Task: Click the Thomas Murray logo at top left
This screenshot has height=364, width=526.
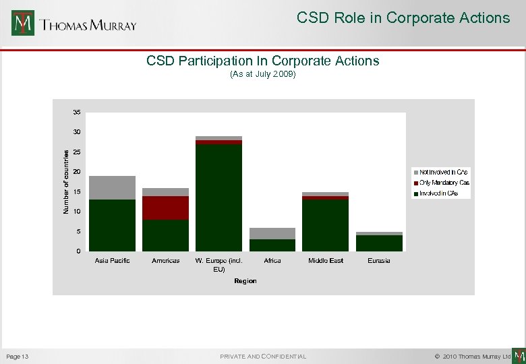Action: pos(74,24)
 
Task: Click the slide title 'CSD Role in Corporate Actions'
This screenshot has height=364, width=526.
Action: pos(403,18)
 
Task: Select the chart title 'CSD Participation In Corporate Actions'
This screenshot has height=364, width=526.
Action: pos(262,61)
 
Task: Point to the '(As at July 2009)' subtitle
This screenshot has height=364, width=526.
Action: pos(262,74)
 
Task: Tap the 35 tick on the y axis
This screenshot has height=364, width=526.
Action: pos(77,112)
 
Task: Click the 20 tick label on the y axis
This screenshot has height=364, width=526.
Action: pos(77,172)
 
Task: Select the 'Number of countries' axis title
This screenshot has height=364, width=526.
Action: pos(66,182)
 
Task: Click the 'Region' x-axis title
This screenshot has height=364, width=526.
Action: pos(245,280)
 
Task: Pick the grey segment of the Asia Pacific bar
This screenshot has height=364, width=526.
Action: pos(112,187)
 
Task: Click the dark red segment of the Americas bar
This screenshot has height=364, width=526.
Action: pos(165,208)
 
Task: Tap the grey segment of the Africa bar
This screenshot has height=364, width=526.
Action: pos(272,233)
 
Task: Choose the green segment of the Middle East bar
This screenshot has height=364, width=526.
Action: pos(325,225)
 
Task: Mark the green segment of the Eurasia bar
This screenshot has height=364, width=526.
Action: pos(378,243)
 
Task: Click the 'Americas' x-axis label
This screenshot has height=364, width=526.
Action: pos(165,260)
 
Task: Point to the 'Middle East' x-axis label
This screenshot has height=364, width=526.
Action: pos(325,260)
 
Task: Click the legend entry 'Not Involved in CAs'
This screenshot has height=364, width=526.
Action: pos(443,173)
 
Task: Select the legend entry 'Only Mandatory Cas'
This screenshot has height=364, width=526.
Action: pos(444,183)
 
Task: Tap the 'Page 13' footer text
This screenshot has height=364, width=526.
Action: pos(17,356)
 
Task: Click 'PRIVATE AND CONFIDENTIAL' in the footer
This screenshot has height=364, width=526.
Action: pos(262,356)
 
